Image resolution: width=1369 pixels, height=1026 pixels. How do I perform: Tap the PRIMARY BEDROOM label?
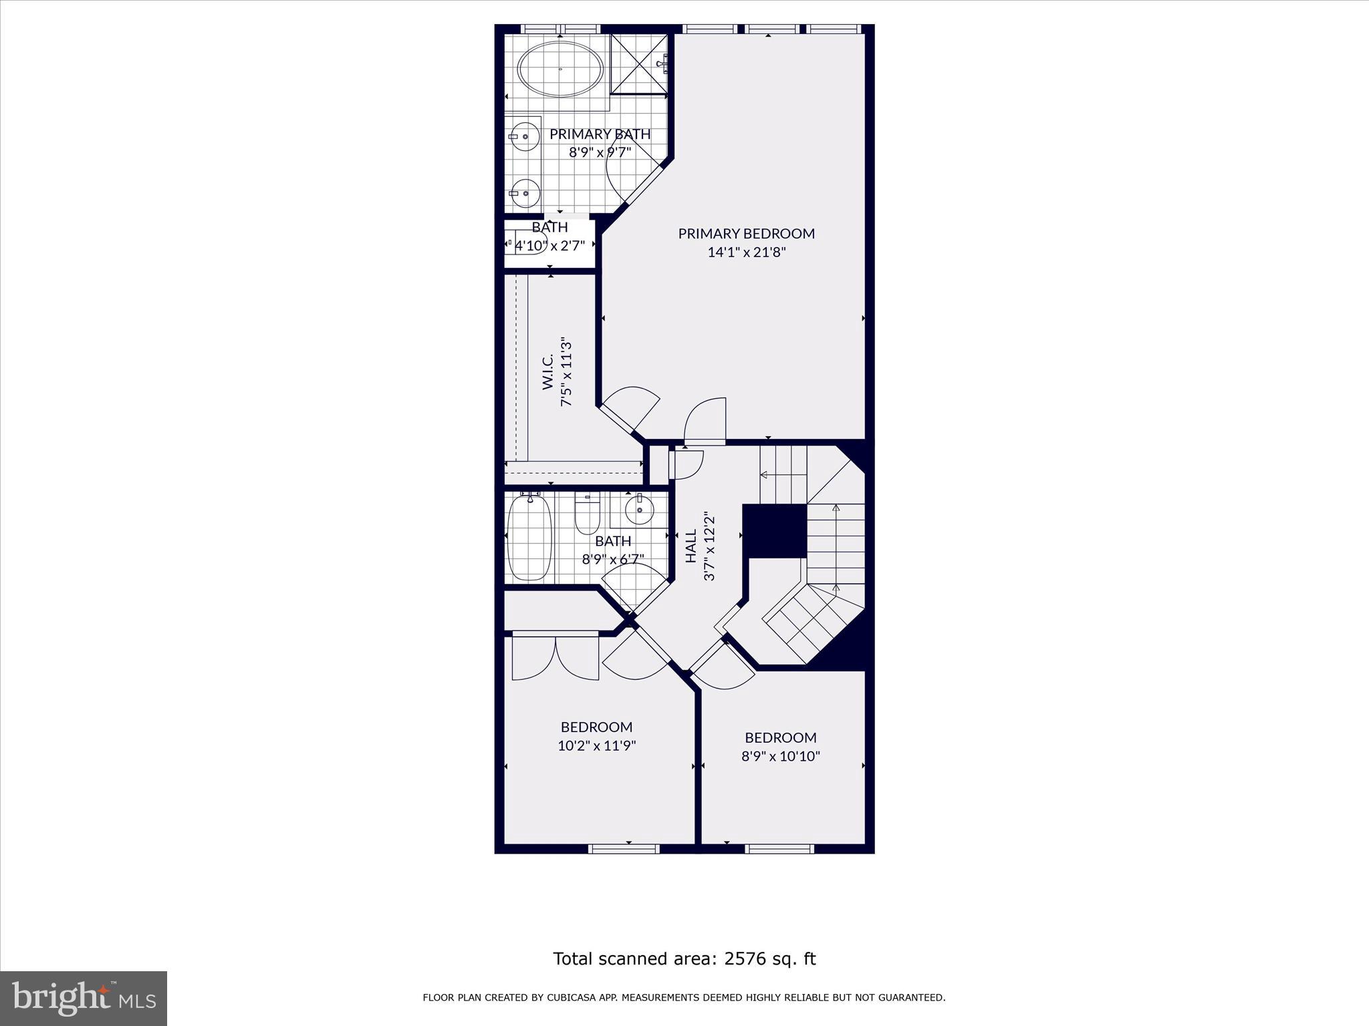pyautogui.click(x=746, y=234)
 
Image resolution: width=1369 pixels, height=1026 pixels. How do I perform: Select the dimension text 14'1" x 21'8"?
pyautogui.click(x=746, y=252)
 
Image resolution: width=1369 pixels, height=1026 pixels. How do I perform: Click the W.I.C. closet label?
pyautogui.click(x=547, y=373)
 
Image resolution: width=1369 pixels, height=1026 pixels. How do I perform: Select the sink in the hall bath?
pyautogui.click(x=640, y=510)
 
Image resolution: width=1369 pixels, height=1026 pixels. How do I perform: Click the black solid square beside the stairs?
pyautogui.click(x=775, y=531)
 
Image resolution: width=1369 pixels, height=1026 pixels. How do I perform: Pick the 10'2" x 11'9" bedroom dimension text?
pyautogui.click(x=596, y=745)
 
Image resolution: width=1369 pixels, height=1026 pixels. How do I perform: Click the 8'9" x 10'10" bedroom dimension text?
pyautogui.click(x=780, y=756)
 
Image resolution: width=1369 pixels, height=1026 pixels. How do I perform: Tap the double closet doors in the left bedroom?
pyautogui.click(x=555, y=658)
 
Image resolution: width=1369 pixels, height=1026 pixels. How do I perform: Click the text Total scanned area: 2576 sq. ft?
pyautogui.click(x=684, y=959)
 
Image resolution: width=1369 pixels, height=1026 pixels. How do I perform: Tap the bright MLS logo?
pyautogui.click(x=83, y=998)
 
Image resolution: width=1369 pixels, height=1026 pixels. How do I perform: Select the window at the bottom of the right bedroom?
pyautogui.click(x=779, y=849)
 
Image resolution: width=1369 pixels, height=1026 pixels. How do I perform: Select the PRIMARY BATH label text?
pyautogui.click(x=600, y=134)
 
